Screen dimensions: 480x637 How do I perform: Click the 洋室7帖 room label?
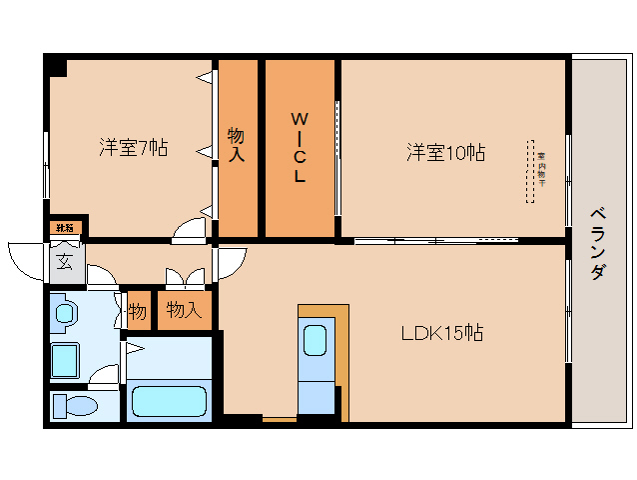[133, 148]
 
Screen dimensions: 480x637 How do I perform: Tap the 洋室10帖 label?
[445, 153]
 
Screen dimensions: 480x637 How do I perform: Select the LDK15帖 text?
[442, 333]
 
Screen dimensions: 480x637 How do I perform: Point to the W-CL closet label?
[299, 148]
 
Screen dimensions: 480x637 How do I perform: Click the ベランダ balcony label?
[597, 243]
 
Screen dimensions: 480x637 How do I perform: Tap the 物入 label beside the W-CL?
[237, 145]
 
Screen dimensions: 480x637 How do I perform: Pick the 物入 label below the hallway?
[184, 311]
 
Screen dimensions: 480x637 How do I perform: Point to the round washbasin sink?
[65, 314]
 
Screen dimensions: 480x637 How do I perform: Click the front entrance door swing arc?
[28, 258]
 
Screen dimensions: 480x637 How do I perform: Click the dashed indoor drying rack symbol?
[530, 170]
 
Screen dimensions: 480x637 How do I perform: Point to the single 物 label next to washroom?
[138, 312]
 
